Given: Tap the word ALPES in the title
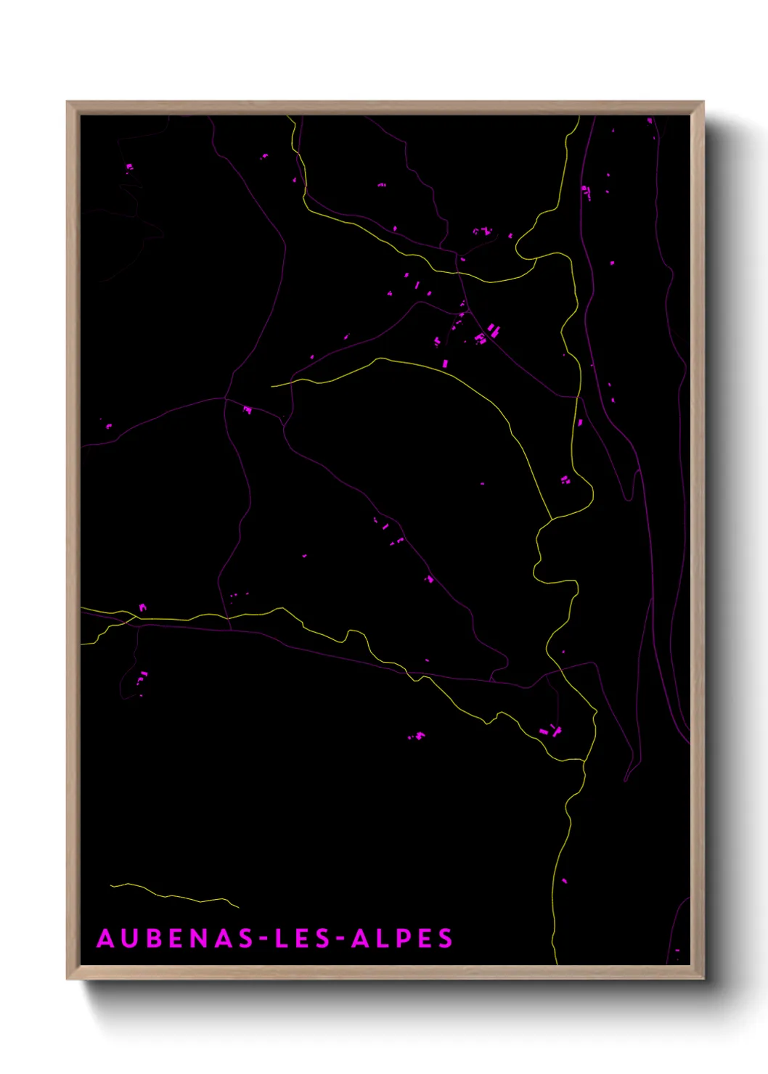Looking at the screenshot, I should [402, 938].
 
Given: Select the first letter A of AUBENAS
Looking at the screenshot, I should [106, 938].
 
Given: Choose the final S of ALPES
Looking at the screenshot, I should [445, 938].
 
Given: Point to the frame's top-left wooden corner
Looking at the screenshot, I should [72, 107].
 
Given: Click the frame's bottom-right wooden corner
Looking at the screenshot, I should [698, 974].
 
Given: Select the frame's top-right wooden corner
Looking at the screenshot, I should [698, 107].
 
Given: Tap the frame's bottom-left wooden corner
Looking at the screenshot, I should [72, 974].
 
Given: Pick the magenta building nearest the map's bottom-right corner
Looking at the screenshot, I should [677, 950].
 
